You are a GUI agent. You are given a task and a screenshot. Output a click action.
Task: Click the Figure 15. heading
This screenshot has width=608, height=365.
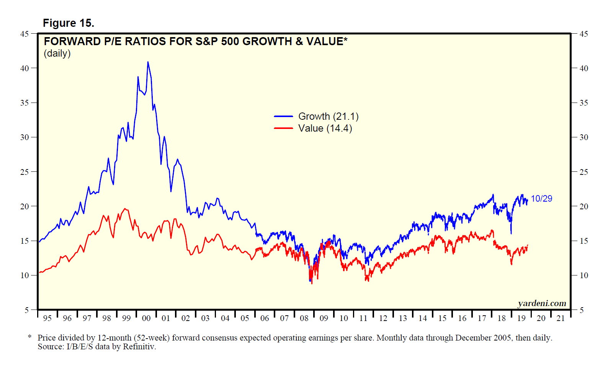click(68, 23)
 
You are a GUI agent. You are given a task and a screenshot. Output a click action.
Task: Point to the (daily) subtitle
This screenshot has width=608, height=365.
click(57, 53)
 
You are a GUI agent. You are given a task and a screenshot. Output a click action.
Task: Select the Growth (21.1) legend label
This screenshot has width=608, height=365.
click(328, 116)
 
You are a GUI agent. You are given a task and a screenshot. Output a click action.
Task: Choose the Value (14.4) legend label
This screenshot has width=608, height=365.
click(325, 128)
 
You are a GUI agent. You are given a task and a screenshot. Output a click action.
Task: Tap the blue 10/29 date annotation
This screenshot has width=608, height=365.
click(541, 199)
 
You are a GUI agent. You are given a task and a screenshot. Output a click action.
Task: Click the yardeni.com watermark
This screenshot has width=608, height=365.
click(542, 303)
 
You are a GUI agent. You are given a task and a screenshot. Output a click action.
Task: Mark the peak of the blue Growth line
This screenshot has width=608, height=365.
click(148, 62)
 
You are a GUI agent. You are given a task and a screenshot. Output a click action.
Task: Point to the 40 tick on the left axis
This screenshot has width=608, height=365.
click(25, 68)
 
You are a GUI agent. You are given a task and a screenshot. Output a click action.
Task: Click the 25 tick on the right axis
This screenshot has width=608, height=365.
click(583, 172)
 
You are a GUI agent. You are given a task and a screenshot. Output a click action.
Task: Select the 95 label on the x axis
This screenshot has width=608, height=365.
click(47, 318)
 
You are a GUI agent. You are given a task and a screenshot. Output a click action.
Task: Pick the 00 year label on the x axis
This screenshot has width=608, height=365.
click(146, 318)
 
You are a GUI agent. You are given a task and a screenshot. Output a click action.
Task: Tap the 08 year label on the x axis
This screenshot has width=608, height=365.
click(304, 318)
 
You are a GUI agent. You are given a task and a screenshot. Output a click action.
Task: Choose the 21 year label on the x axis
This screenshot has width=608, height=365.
click(561, 318)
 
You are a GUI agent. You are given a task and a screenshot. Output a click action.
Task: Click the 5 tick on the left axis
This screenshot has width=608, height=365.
click(27, 310)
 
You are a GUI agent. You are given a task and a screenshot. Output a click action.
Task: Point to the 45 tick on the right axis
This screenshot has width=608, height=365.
click(583, 34)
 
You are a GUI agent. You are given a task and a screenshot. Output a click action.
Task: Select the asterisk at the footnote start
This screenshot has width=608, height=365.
click(29, 337)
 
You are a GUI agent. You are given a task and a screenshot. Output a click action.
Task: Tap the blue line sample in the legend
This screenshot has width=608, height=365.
click(283, 116)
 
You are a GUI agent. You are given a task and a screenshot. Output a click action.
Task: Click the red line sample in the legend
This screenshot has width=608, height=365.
click(283, 128)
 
